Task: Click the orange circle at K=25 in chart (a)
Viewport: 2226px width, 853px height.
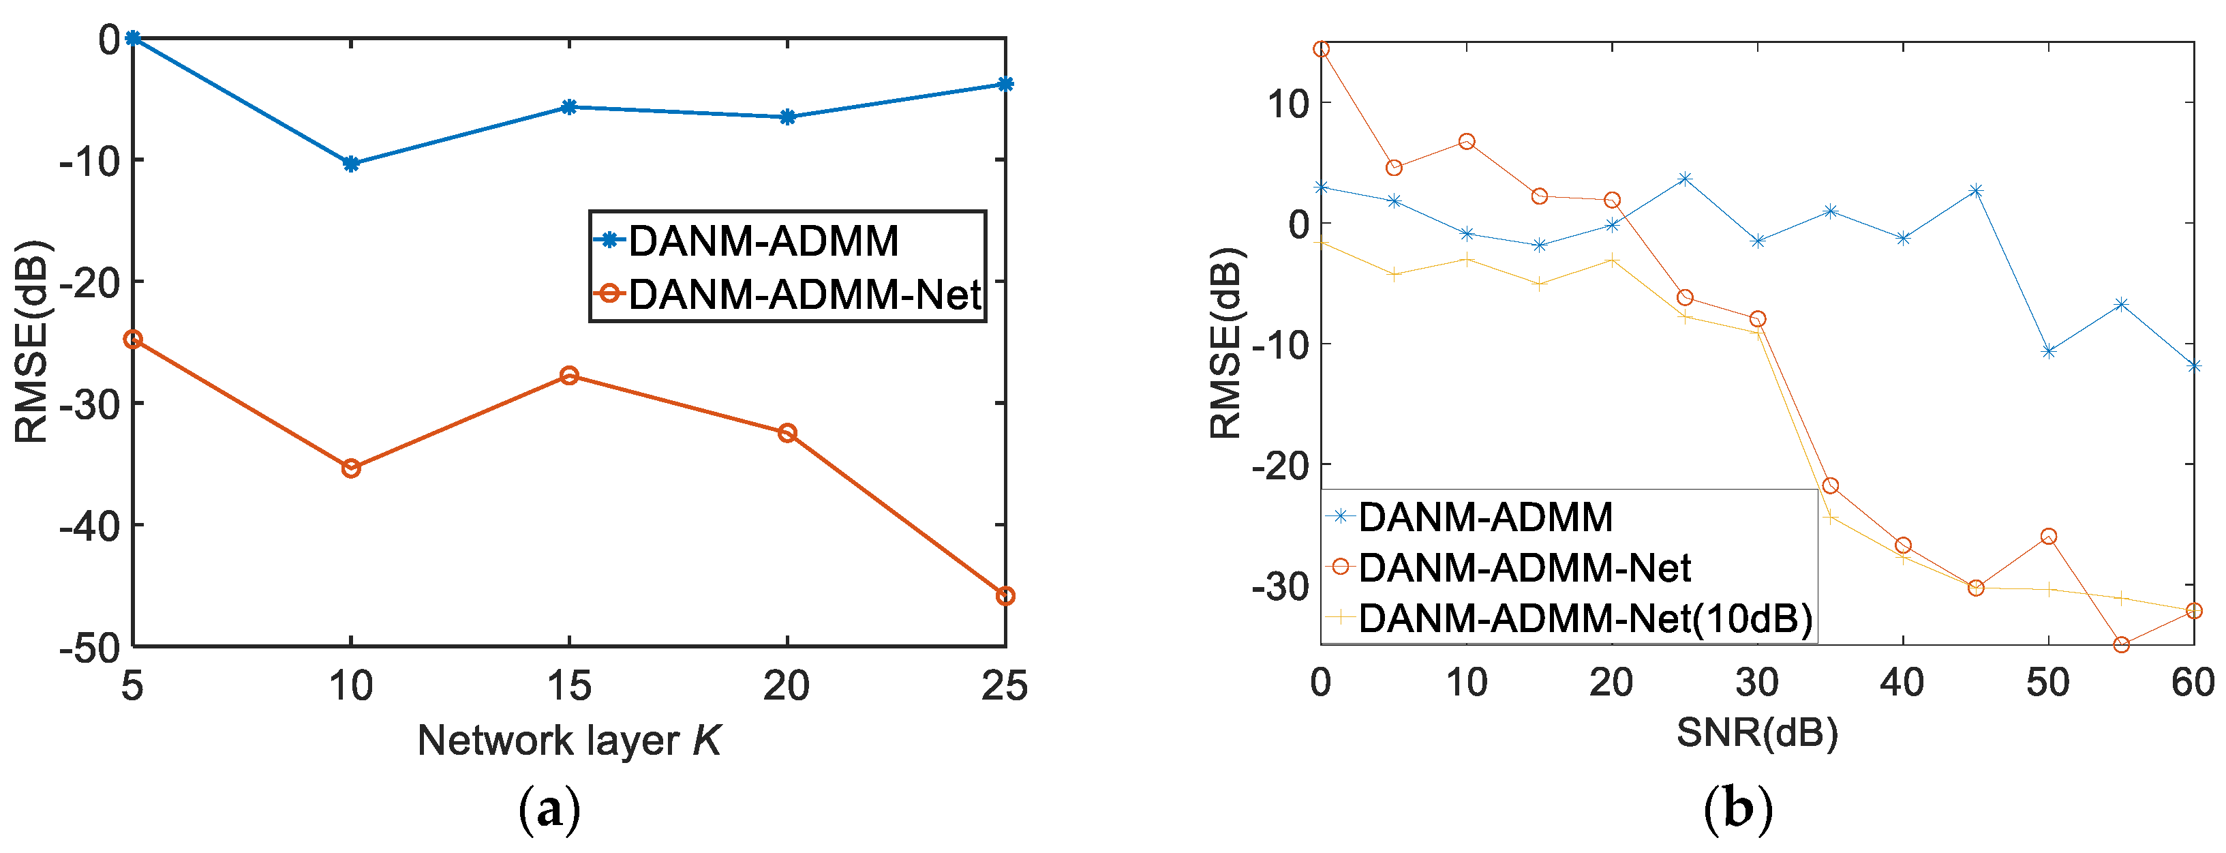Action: [1005, 597]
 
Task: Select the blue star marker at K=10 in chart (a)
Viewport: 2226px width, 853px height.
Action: [351, 164]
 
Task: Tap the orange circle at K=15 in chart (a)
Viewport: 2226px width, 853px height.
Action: [568, 375]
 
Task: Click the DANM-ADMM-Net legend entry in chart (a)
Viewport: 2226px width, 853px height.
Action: [804, 295]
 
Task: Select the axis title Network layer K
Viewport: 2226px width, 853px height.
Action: [568, 740]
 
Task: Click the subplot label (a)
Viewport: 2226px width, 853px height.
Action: [549, 810]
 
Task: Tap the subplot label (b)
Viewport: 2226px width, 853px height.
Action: [1738, 810]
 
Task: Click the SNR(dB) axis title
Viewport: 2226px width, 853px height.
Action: [1757, 734]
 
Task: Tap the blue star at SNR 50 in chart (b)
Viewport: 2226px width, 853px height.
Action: [2048, 351]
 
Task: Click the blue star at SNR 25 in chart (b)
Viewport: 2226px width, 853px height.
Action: [1684, 179]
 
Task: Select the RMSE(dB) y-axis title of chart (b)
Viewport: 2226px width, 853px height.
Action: [1225, 343]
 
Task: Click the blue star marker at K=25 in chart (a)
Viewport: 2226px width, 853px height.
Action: [1005, 84]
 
